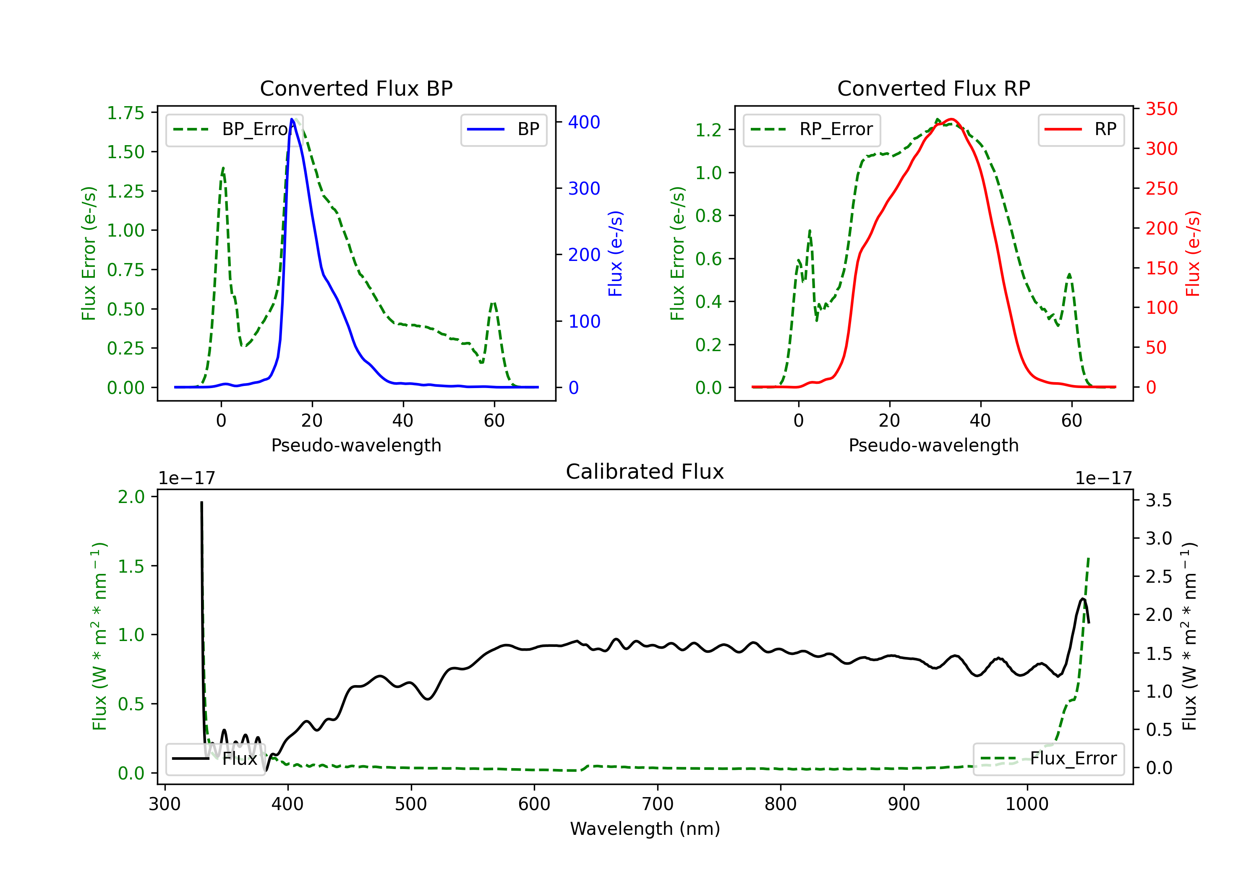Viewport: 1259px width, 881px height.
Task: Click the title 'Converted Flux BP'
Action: [x=356, y=88]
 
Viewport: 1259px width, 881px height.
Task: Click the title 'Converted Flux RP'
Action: [x=933, y=88]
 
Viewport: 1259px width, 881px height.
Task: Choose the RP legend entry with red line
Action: [x=1081, y=129]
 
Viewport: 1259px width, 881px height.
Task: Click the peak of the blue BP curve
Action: [x=292, y=119]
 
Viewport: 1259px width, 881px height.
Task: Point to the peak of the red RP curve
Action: [x=951, y=120]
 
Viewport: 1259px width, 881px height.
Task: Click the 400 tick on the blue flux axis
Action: [x=584, y=122]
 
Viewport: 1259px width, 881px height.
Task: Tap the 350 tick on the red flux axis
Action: [x=1161, y=109]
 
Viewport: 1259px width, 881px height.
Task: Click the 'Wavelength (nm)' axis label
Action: [x=645, y=829]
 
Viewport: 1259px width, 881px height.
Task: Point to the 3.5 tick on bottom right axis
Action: [x=1159, y=500]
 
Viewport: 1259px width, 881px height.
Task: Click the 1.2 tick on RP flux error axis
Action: [x=708, y=130]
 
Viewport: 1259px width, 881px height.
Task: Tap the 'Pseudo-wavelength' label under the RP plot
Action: [x=933, y=445]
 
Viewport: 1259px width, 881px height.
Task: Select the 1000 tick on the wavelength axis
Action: [x=1027, y=804]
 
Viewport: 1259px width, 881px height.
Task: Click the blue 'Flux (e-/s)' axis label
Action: [x=615, y=253]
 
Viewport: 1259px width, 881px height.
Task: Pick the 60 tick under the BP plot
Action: [x=494, y=420]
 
